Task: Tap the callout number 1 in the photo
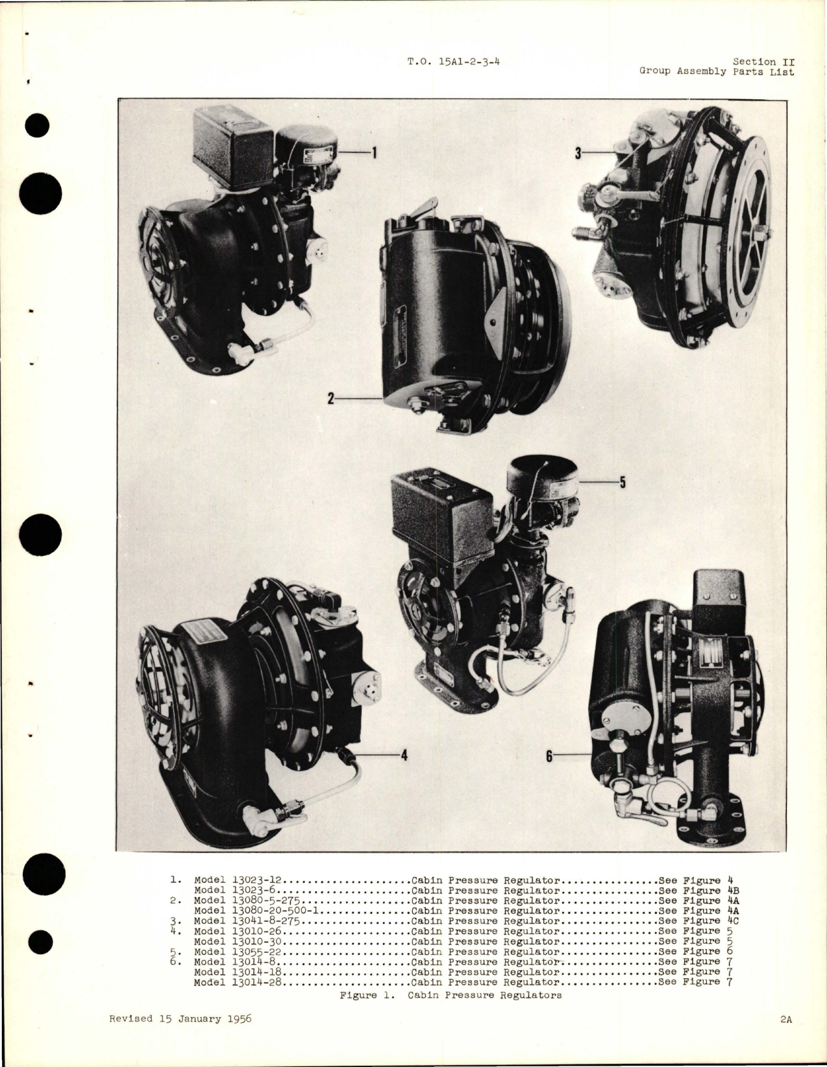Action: pos(373,152)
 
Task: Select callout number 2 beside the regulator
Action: pos(330,400)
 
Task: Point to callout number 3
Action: pos(577,153)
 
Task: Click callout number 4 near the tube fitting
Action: pos(403,755)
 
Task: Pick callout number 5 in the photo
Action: pos(622,483)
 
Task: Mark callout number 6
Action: pos(549,756)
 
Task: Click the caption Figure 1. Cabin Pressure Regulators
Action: pos(451,995)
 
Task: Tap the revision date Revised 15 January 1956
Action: pos(180,1018)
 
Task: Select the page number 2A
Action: pos(786,1019)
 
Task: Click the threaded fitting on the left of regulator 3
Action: pos(584,230)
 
